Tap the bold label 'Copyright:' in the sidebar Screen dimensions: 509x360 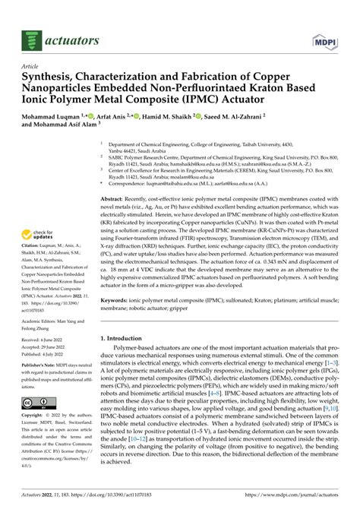coord(35,416)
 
